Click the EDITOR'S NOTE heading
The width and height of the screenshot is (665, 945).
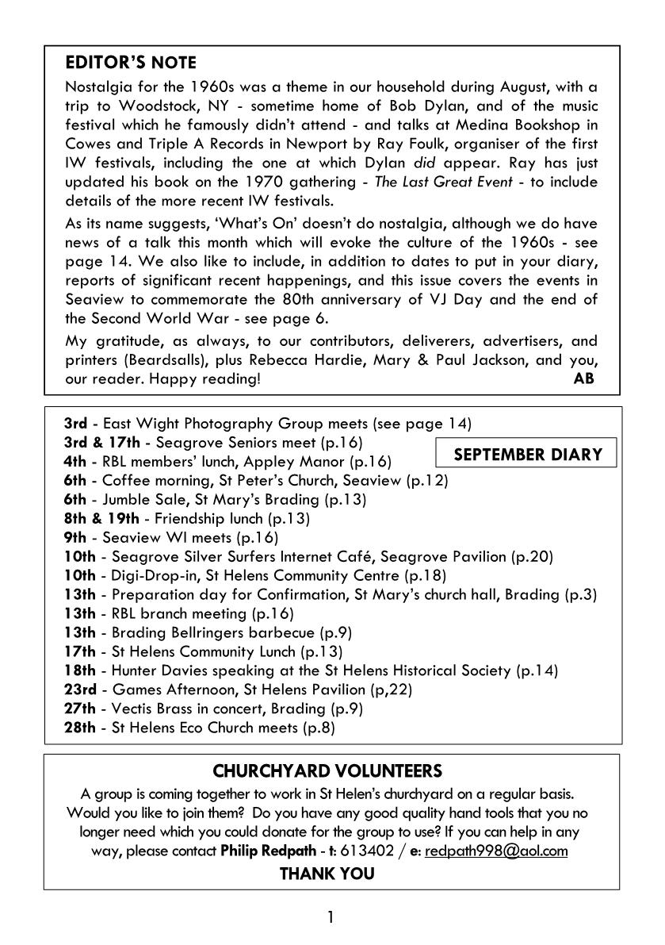131,63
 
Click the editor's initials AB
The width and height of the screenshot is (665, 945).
583,378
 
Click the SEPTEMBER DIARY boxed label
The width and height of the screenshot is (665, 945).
527,455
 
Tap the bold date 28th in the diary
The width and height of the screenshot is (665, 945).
78,728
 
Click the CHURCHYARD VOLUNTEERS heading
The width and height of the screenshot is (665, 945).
328,770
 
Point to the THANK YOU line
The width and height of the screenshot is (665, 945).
327,874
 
